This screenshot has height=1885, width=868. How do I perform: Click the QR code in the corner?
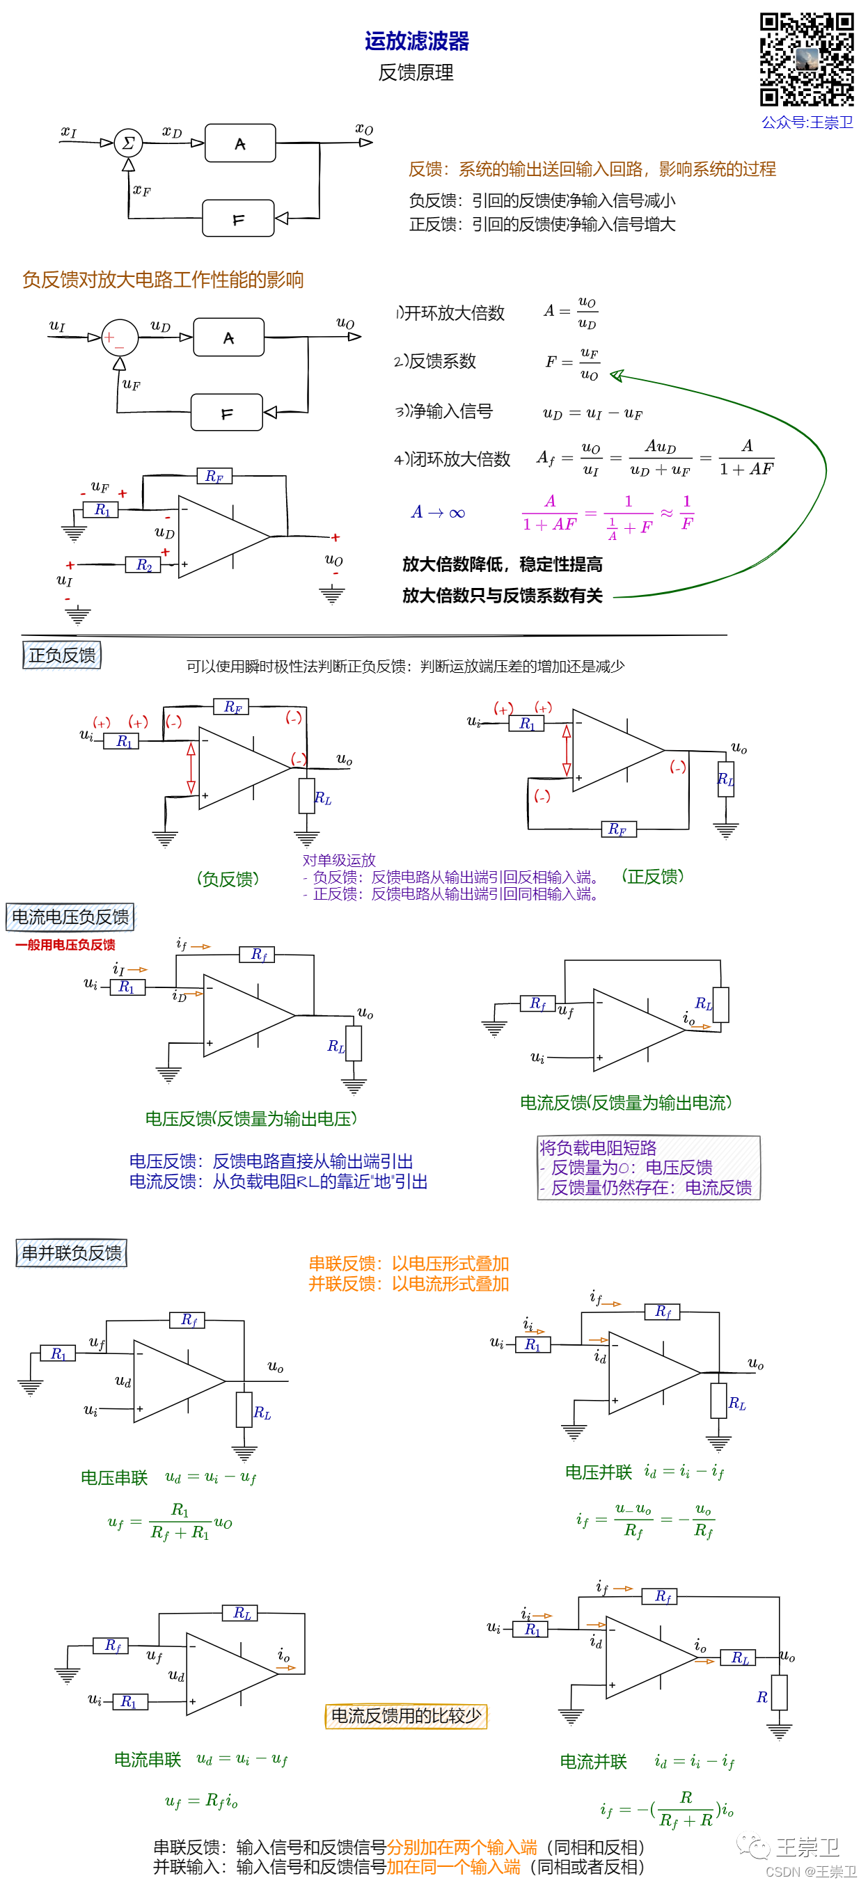click(x=807, y=59)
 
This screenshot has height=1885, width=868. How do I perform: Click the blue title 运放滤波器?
click(x=416, y=41)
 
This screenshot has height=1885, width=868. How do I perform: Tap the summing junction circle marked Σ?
click(x=128, y=143)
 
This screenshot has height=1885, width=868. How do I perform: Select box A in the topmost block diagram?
click(x=240, y=143)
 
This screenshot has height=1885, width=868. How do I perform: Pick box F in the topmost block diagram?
click(x=238, y=218)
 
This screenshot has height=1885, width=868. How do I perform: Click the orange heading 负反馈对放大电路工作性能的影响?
click(x=162, y=280)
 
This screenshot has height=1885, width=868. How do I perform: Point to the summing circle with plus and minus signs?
click(x=119, y=338)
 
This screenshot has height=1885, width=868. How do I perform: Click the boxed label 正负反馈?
click(x=62, y=655)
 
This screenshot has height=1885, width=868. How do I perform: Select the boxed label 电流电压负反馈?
click(x=70, y=917)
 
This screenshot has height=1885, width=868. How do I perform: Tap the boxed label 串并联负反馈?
click(x=72, y=1252)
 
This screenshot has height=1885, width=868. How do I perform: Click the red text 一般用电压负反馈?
click(x=65, y=945)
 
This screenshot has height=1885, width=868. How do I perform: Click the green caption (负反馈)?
click(x=228, y=879)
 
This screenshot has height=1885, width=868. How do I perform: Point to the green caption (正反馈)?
click(x=652, y=876)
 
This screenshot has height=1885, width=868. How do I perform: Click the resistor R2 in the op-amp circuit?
click(x=143, y=565)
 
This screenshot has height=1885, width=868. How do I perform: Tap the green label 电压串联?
click(x=114, y=1477)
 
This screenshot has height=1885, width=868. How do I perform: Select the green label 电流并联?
click(x=594, y=1761)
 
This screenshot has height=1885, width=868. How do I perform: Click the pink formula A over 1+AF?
click(x=550, y=513)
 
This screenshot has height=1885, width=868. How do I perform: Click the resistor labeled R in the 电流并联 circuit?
click(x=779, y=1692)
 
